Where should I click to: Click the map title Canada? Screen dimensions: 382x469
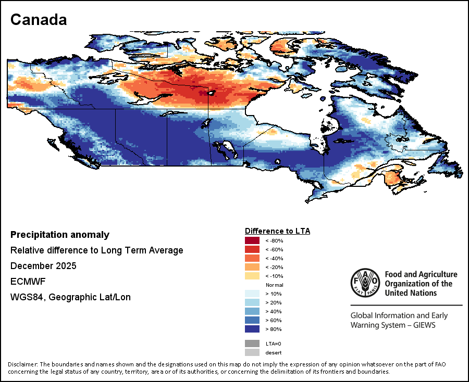tap(39, 20)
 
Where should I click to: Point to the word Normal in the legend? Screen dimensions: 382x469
tap(274, 285)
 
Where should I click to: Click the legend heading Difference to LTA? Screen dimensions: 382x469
tap(277, 231)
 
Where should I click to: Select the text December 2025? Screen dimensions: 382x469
tap(43, 266)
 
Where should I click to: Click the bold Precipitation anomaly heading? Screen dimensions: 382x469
tap(60, 235)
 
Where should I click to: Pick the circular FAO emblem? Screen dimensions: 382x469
tap(365, 283)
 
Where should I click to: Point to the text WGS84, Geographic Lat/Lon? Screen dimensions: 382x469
tap(70, 297)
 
